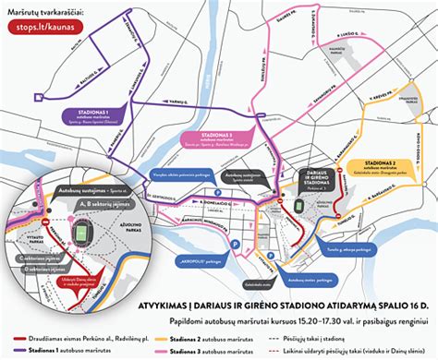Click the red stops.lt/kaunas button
point(45,27)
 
